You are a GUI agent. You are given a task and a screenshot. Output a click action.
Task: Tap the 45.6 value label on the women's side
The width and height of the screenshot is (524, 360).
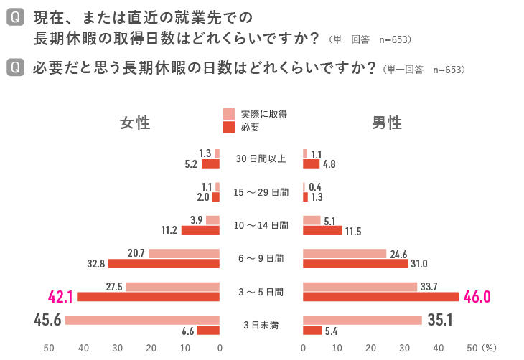click(x=47, y=320)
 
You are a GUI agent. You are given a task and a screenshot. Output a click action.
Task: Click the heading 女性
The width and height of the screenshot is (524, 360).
click(x=135, y=123)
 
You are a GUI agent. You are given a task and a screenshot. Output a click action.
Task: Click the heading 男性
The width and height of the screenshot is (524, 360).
click(x=387, y=123)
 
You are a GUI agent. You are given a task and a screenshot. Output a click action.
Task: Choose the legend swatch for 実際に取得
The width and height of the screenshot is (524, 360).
click(x=229, y=113)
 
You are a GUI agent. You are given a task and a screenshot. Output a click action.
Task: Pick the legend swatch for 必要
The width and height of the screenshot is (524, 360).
click(x=229, y=127)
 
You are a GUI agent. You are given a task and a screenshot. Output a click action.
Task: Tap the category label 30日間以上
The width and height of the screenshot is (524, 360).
click(x=261, y=158)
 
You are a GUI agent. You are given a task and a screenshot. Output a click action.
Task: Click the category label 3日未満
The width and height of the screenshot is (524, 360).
click(x=261, y=326)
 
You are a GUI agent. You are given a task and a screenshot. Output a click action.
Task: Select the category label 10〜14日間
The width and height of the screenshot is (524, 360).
click(x=261, y=225)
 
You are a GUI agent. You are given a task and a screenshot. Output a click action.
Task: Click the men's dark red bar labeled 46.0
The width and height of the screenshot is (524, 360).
click(x=380, y=297)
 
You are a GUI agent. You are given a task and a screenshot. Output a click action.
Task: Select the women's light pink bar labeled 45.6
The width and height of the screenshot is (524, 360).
click(x=142, y=320)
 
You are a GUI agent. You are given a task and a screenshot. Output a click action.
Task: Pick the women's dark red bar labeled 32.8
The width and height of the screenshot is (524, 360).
click(x=164, y=264)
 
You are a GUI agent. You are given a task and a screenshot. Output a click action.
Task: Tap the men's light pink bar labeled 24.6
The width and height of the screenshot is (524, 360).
click(x=345, y=254)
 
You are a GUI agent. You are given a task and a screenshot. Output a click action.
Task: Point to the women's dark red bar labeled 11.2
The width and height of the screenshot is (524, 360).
click(x=200, y=230)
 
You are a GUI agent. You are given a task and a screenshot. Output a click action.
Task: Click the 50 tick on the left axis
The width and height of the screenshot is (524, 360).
click(x=50, y=348)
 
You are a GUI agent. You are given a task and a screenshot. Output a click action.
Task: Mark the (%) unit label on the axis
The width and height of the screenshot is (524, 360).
click(x=490, y=348)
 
